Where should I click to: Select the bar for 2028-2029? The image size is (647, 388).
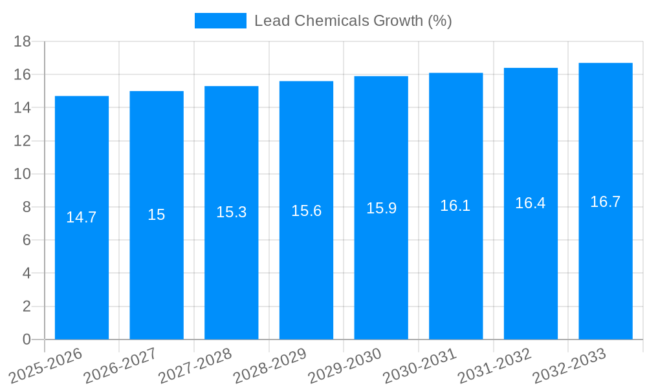pyautogui.click(x=306, y=272)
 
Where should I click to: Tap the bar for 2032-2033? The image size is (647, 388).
pyautogui.click(x=606, y=272)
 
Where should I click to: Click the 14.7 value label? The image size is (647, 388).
pyautogui.click(x=82, y=217)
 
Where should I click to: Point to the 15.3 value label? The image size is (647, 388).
pyautogui.click(x=231, y=212)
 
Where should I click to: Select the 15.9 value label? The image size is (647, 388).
pyautogui.click(x=381, y=208)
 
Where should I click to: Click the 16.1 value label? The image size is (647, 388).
pyautogui.click(x=455, y=206)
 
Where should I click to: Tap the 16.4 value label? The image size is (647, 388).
pyautogui.click(x=531, y=203)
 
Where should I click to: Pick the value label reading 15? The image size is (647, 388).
pyautogui.click(x=157, y=215)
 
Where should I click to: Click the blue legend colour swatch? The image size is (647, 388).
pyautogui.click(x=220, y=21)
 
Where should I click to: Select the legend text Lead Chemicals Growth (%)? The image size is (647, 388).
pyautogui.click(x=353, y=21)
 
